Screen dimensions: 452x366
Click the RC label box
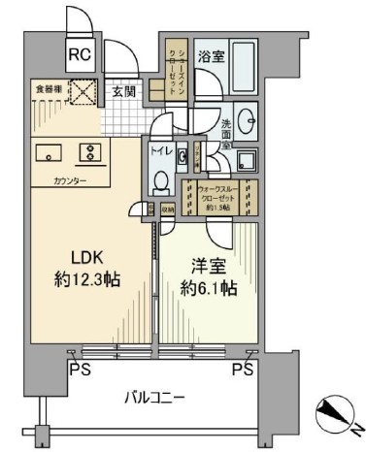pos(79,54)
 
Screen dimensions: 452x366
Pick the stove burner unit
pos(90,153)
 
